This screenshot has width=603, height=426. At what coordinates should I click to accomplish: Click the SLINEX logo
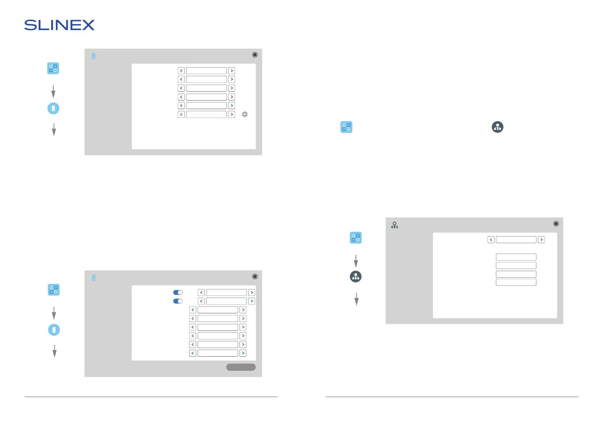click(x=59, y=25)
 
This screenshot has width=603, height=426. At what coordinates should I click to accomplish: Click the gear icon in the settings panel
click(x=245, y=114)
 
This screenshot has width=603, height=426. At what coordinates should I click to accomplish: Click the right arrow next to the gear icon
click(x=232, y=114)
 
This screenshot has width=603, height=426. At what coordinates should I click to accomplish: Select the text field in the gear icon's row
click(x=206, y=114)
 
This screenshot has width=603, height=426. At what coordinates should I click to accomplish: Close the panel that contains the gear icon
click(x=255, y=55)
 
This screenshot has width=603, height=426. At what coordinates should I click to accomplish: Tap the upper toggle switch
click(x=178, y=293)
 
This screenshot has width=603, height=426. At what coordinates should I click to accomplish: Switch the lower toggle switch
click(x=178, y=301)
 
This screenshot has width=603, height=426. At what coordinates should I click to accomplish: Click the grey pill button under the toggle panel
click(x=241, y=367)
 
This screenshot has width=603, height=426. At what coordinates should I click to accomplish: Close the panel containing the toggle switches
click(x=255, y=276)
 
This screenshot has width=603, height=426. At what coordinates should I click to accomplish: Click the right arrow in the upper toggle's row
click(x=252, y=293)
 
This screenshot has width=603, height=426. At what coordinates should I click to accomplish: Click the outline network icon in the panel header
click(x=395, y=225)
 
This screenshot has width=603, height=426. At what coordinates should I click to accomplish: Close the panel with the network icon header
click(x=556, y=224)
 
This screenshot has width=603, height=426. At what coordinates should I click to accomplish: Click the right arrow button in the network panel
click(x=541, y=240)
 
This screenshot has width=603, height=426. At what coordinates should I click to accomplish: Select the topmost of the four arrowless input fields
click(x=516, y=257)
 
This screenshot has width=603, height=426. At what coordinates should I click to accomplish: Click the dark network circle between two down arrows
click(x=356, y=276)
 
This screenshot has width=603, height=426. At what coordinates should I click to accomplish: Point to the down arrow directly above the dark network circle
click(x=356, y=261)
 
